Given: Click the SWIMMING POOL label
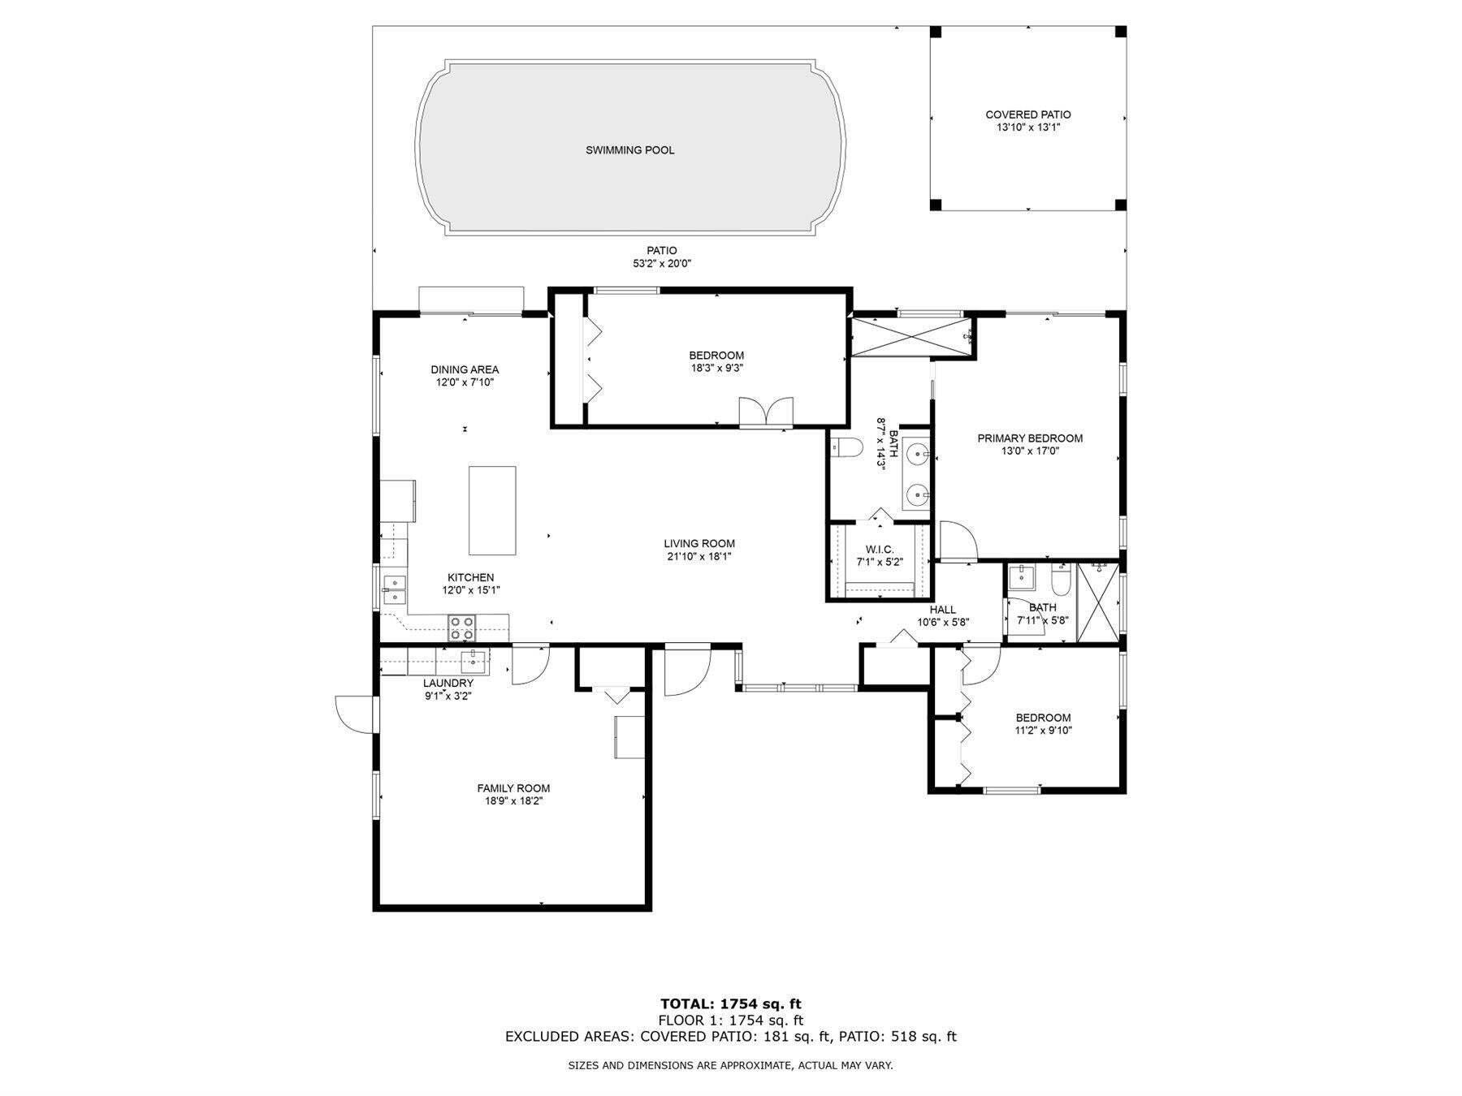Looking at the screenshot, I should [x=629, y=150].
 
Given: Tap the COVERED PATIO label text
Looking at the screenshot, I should [x=1027, y=114].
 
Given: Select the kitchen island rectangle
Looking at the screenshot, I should [x=492, y=510].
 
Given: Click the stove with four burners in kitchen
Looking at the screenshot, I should [x=462, y=628].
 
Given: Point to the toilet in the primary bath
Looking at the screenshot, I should [x=849, y=448].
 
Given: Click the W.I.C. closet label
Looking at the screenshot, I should [x=879, y=550].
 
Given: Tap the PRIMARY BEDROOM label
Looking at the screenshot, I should [x=1029, y=438].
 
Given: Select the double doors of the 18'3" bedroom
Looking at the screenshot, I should [x=766, y=412].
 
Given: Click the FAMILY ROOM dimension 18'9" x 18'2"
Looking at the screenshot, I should [x=513, y=801].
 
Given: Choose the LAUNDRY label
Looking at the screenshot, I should [x=448, y=683].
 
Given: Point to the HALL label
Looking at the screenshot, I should [x=942, y=610].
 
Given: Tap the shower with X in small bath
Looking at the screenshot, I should [x=1096, y=602].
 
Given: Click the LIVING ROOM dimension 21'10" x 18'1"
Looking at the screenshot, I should [x=699, y=557].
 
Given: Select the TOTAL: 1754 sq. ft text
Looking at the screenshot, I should [x=730, y=1004].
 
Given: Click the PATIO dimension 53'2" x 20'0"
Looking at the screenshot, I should [x=661, y=264].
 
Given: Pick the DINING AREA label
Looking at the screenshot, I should [x=465, y=369].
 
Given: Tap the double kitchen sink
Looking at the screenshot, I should [x=395, y=589].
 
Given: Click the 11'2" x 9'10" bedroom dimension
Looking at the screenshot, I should [x=1043, y=731].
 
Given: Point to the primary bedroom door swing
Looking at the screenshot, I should [x=957, y=539].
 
